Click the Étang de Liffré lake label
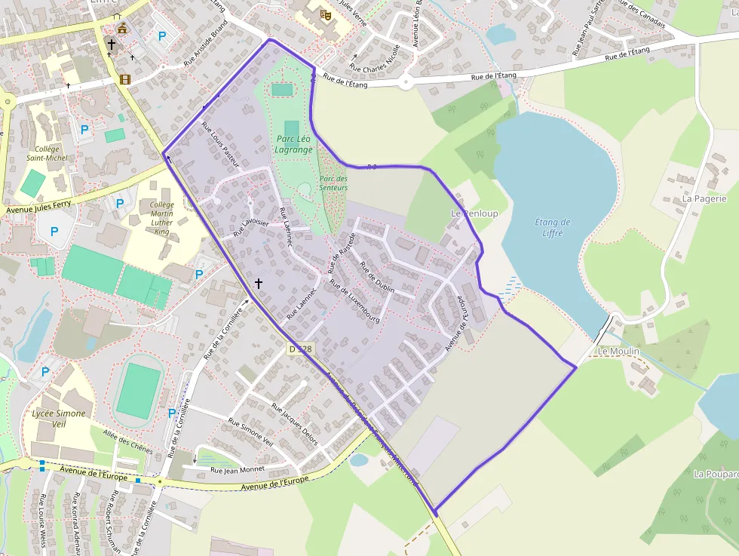(x=552, y=227)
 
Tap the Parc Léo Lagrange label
(x=293, y=144)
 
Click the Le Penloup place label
(x=474, y=213)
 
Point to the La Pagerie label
(x=704, y=198)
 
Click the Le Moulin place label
(x=618, y=351)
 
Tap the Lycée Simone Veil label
(x=59, y=419)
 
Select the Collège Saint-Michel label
(x=47, y=153)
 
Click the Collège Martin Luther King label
(x=161, y=219)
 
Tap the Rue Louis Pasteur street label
(x=220, y=145)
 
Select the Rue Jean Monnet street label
(x=238, y=469)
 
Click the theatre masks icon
(x=326, y=14)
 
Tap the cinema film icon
(x=124, y=79)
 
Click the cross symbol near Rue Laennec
(x=259, y=284)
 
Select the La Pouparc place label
(x=715, y=474)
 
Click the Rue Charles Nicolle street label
(x=376, y=60)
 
